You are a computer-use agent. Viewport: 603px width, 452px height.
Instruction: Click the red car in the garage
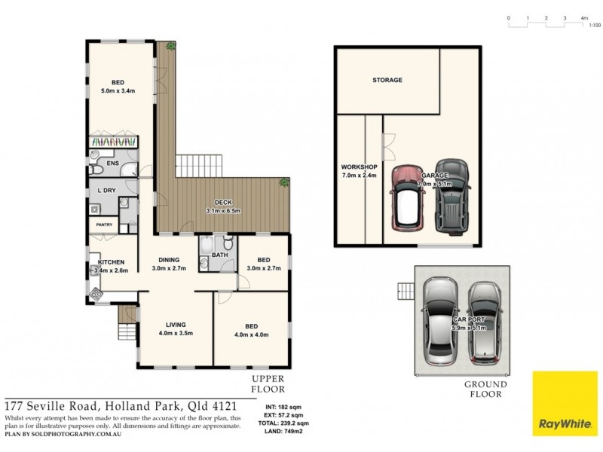pos(408,197)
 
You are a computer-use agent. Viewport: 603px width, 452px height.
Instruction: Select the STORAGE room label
pos(387,80)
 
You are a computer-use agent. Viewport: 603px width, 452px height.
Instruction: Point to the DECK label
pos(223,203)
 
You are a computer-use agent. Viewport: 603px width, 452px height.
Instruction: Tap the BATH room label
pos(219,255)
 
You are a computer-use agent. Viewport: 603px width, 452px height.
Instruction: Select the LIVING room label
pos(176,325)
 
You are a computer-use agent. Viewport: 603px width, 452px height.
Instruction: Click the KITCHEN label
pos(110,261)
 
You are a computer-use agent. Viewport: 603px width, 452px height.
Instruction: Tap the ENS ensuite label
pos(112,163)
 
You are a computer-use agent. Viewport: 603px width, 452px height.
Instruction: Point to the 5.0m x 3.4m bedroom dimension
pos(119,91)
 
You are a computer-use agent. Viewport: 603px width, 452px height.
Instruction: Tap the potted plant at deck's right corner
pos(284,182)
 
